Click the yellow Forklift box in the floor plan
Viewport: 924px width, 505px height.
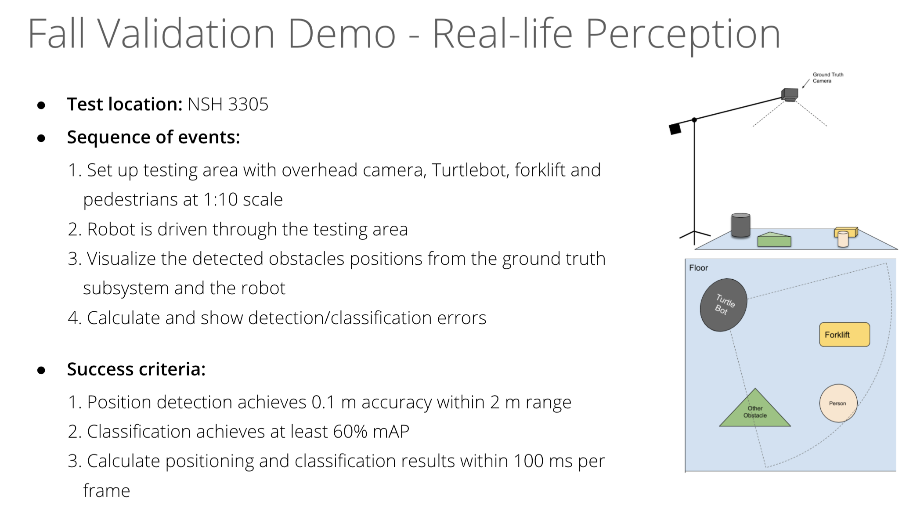coord(844,335)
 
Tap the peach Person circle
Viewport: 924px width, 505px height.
coord(838,403)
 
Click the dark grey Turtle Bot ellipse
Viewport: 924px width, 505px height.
coord(723,305)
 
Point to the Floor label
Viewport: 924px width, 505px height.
coord(698,268)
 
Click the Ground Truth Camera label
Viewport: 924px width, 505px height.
coord(828,78)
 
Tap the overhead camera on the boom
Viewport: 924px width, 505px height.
coord(790,94)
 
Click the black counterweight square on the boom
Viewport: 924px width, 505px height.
coord(675,129)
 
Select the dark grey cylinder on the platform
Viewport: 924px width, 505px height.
coord(741,225)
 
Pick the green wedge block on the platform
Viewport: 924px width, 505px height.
coord(774,239)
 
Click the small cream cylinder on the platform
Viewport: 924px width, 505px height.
coord(843,239)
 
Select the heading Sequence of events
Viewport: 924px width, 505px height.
coord(153,137)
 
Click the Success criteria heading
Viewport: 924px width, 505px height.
coord(136,369)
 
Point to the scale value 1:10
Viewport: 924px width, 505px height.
coord(220,200)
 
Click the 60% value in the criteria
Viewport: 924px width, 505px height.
coord(350,432)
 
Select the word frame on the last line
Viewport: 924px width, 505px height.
coord(107,491)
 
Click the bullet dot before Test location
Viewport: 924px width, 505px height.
coord(41,105)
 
